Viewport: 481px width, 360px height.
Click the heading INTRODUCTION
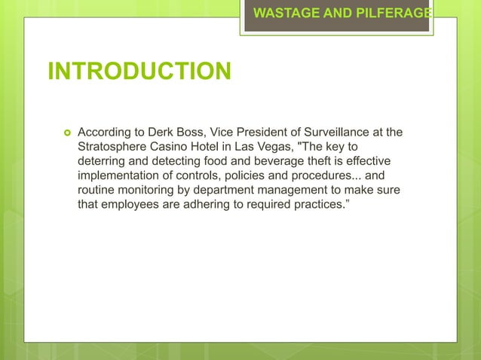point(139,72)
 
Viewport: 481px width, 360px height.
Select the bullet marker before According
point(66,133)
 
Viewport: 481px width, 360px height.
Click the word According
point(107,133)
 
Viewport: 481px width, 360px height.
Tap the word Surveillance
point(357,133)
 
